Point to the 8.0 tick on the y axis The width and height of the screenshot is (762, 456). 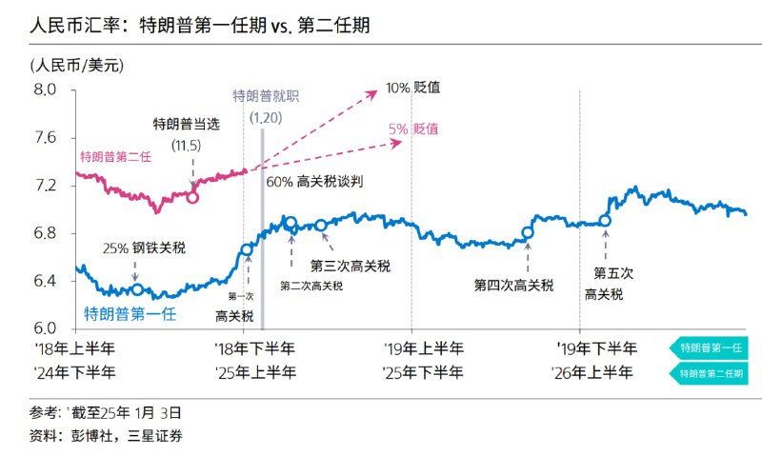click(46, 89)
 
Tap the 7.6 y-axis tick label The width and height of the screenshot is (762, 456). click(46, 137)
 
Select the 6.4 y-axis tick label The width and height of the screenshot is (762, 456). click(46, 281)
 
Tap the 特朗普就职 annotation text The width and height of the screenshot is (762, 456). click(267, 96)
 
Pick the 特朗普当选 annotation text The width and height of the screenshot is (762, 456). click(186, 125)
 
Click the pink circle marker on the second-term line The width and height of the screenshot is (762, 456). click(192, 197)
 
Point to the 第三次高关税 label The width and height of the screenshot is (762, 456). click(350, 266)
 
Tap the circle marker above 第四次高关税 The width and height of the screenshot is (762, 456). click(529, 232)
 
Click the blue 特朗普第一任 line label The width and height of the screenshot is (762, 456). click(130, 312)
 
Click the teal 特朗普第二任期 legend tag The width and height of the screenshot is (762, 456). click(711, 373)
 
